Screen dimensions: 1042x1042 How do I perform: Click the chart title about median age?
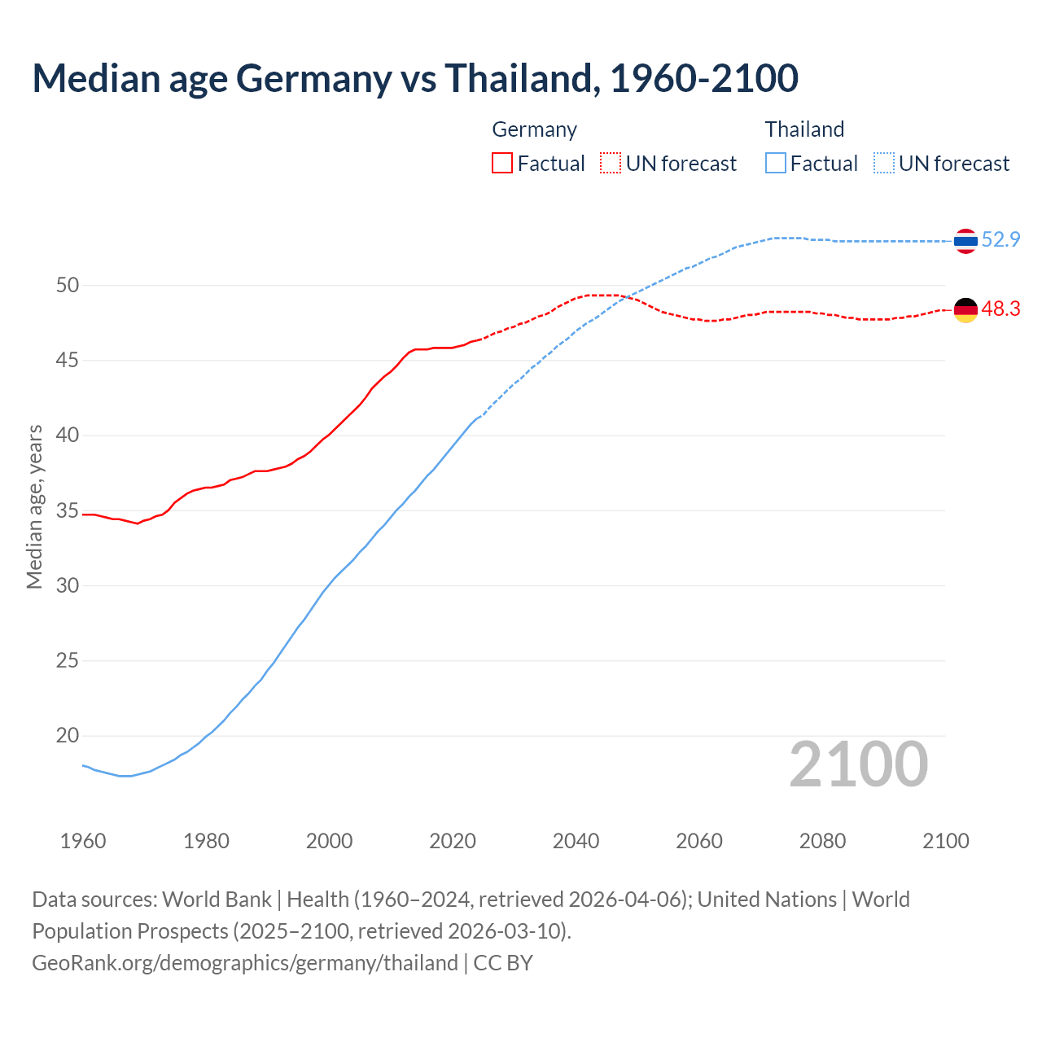(415, 78)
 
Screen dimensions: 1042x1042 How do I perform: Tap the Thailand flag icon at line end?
(965, 241)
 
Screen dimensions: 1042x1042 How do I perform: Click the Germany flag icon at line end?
(965, 310)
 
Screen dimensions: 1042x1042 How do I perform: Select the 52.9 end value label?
(1000, 239)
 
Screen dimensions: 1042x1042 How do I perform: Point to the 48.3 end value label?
(1000, 309)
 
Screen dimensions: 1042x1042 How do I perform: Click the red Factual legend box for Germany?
(502, 163)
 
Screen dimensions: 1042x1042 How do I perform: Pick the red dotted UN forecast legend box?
(611, 163)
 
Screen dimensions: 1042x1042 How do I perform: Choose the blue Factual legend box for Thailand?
(776, 163)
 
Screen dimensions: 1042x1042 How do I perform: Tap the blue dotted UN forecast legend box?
(884, 163)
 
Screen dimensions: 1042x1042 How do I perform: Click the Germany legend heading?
(534, 129)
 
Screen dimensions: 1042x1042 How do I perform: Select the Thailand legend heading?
(804, 129)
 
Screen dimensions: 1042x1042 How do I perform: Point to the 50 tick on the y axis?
(68, 285)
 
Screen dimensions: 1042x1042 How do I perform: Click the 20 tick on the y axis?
(68, 736)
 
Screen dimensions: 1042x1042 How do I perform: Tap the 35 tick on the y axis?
(68, 510)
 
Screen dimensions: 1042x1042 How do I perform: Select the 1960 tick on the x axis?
(83, 841)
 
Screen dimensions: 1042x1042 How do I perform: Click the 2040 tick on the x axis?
(576, 841)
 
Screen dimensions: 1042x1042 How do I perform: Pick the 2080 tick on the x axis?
(822, 841)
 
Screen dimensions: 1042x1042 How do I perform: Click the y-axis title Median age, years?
(34, 506)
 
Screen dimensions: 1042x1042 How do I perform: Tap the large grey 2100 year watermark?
(859, 764)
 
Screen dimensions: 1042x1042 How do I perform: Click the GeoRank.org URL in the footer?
(244, 963)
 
